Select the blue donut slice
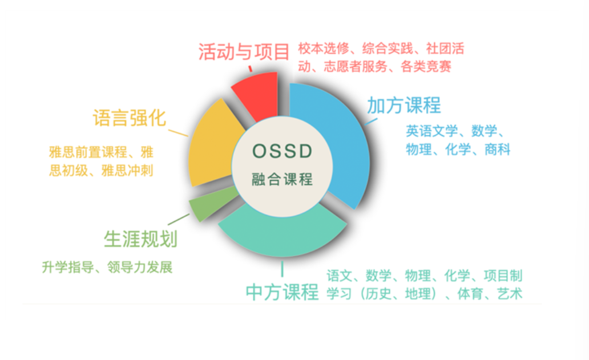(338, 143)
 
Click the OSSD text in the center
(282, 151)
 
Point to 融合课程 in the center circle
(282, 179)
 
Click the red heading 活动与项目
(244, 52)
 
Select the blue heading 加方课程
(404, 105)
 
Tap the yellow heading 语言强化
(130, 118)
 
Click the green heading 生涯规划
(140, 239)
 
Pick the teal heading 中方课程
(282, 292)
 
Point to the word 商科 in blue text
(497, 149)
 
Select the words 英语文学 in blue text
(432, 131)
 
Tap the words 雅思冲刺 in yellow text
(127, 171)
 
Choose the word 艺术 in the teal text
(510, 294)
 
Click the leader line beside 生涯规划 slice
(179, 219)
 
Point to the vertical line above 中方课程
(282, 269)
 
